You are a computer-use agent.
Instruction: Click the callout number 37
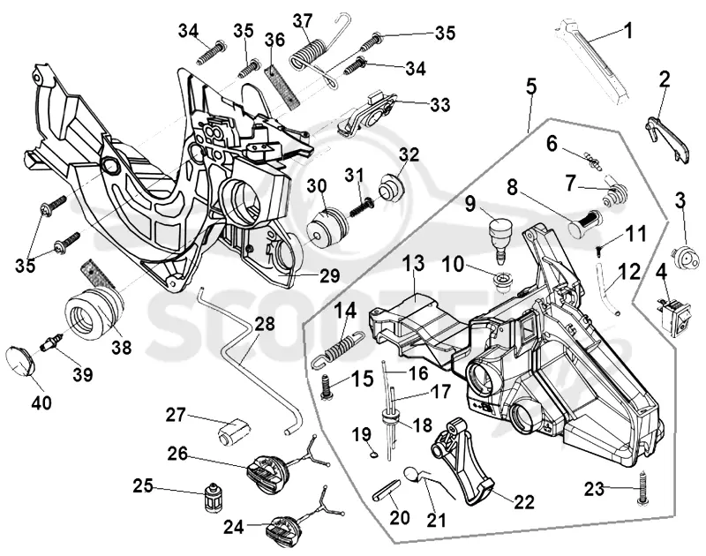coord(303,22)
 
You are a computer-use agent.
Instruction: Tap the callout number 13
coord(414,263)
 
